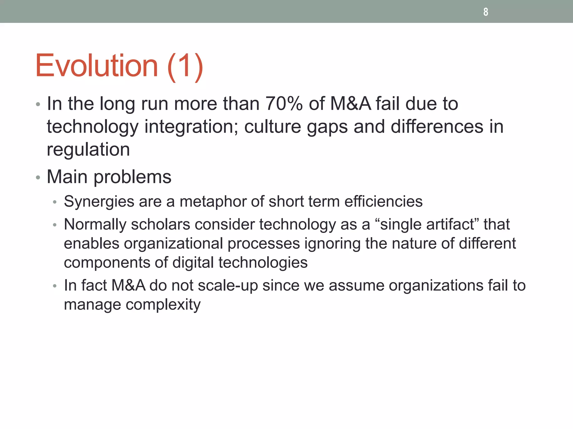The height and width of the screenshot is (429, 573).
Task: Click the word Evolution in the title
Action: [x=97, y=66]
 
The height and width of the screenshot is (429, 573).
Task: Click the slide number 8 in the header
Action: [x=486, y=12]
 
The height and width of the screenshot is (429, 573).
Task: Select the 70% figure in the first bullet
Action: [x=284, y=104]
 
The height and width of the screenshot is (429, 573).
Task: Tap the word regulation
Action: [x=88, y=150]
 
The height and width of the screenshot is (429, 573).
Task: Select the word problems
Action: [x=132, y=177]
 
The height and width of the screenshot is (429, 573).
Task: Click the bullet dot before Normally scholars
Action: [x=55, y=225]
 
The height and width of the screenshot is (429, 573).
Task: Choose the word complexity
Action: [x=163, y=305]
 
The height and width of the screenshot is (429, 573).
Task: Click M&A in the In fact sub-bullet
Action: [x=128, y=285]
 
